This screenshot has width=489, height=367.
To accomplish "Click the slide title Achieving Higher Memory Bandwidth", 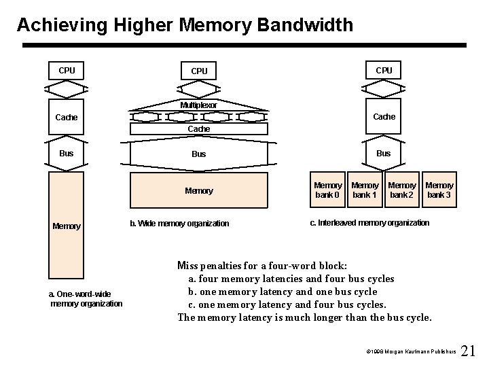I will (185, 25).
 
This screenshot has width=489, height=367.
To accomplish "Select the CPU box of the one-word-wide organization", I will (67, 71).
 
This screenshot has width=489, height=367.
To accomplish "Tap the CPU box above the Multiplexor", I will (199, 71).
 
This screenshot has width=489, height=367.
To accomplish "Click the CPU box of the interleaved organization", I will (384, 71).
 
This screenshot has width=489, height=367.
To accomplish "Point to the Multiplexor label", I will (198, 105).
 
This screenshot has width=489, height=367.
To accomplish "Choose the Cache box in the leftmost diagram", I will (67, 118).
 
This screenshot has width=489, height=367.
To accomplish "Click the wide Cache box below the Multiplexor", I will (198, 128).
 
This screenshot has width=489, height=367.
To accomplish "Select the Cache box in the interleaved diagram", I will (384, 117).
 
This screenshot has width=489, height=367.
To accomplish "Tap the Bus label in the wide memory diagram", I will (198, 154).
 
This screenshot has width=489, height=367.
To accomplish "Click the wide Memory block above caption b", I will (198, 191).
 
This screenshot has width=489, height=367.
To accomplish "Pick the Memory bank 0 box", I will (327, 190).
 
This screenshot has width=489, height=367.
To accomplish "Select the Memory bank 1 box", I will (365, 190).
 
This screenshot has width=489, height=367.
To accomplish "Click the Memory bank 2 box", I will (401, 190).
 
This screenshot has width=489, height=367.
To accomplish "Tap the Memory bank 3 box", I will (439, 190).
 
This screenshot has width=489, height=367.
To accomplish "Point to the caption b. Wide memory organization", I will (179, 224).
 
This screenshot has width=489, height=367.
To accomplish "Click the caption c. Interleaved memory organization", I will (369, 223).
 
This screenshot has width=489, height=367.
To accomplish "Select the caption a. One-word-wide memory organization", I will (86, 298).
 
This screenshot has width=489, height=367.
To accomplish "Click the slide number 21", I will (468, 351).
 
